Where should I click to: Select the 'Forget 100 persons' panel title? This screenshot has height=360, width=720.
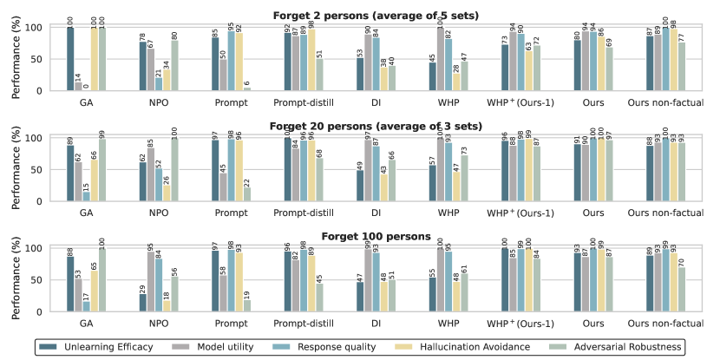click(x=376, y=236)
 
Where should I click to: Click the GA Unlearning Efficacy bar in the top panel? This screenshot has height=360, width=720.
click(x=69, y=59)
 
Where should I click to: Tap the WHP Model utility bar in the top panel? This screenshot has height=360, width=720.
click(x=440, y=59)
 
